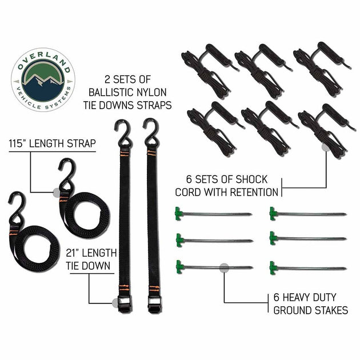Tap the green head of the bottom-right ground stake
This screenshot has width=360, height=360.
pyautogui.click(x=274, y=267)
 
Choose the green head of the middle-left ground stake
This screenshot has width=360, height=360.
pyautogui.click(x=179, y=239)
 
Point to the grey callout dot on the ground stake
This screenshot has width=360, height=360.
pyautogui.click(x=224, y=267)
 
